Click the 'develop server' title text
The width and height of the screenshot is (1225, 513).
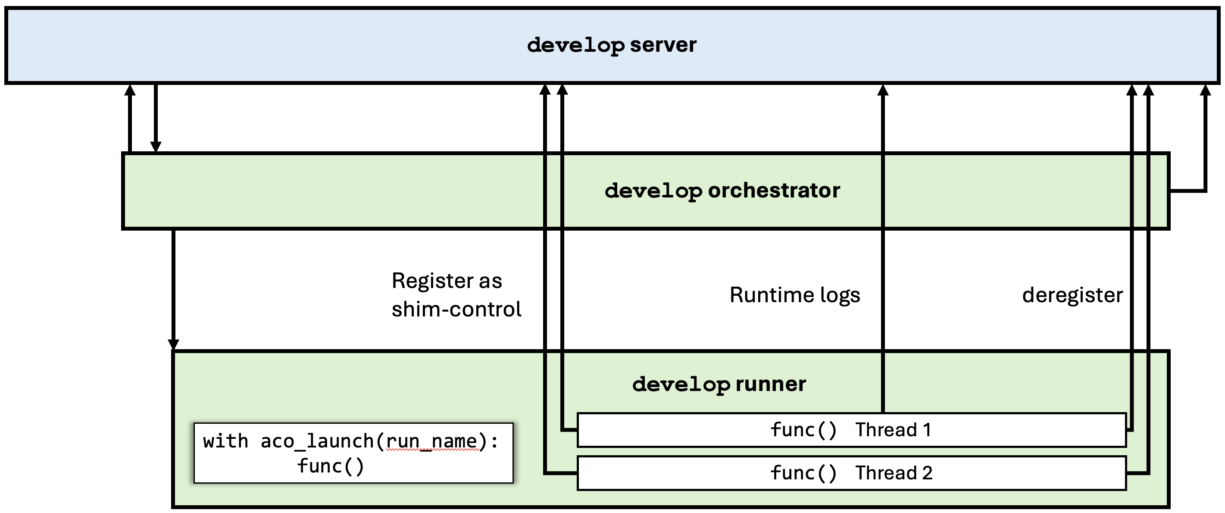coord(612,45)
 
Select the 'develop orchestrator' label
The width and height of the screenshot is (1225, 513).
coord(722,191)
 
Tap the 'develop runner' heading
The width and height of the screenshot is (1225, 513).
coord(719,384)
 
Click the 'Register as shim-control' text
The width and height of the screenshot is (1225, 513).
coord(456,295)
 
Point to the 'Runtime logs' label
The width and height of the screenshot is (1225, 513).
coord(795,295)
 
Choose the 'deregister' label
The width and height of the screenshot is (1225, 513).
coord(1072,295)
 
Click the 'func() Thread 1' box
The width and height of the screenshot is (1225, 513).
coord(851,430)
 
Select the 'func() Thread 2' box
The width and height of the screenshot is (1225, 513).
coord(851,473)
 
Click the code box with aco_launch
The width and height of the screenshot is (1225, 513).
coord(353,453)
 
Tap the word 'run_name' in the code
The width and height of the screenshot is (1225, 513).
coord(431,441)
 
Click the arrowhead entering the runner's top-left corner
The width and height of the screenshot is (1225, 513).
coord(174,344)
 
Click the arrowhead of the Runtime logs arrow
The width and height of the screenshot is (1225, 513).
coord(883,91)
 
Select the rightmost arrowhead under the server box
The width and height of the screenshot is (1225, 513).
coord(1205,91)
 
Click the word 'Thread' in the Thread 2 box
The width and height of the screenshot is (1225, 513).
coord(886,473)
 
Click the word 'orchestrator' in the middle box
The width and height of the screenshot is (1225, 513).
coord(774,191)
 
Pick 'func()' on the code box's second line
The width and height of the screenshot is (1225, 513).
coord(331,466)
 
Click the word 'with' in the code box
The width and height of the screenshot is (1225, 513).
coord(225,441)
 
